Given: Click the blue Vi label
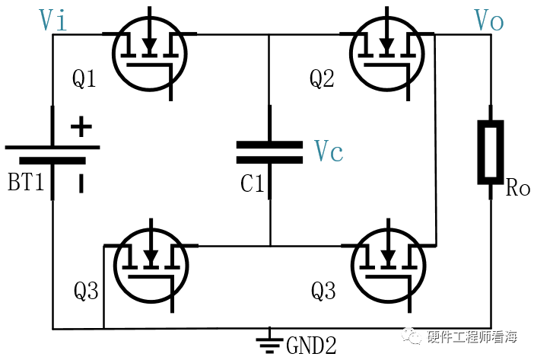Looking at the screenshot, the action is (52, 20).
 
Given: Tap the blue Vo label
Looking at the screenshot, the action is (488, 20).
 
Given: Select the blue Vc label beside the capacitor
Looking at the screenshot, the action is (329, 151).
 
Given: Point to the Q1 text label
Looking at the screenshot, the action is (84, 78).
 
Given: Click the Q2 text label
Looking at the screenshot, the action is (322, 78).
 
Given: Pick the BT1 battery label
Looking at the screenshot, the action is (26, 182).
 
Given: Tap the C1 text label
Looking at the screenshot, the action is (252, 183).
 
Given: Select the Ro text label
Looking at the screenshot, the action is (518, 188).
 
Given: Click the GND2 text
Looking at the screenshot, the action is (311, 346).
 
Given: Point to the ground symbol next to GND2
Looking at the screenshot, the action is (270, 341).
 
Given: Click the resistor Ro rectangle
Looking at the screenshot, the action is (491, 152).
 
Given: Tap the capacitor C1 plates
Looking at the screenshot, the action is (269, 152).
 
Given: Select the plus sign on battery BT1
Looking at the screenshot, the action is (81, 126).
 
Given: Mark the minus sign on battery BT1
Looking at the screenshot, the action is (81, 183).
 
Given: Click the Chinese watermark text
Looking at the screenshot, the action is (472, 336).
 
